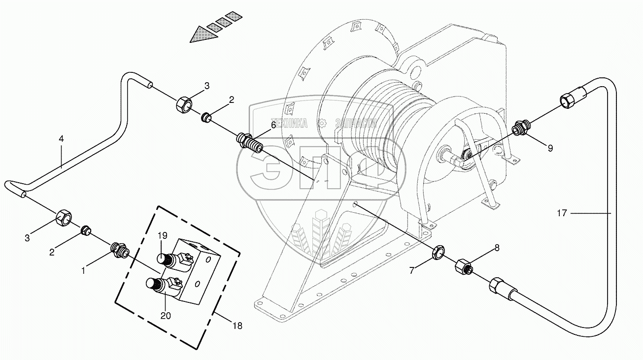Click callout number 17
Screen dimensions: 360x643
[x=562, y=213]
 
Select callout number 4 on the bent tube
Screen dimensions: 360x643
[x=61, y=139]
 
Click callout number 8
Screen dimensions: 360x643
[x=497, y=248]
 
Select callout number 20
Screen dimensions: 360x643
[x=166, y=316]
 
